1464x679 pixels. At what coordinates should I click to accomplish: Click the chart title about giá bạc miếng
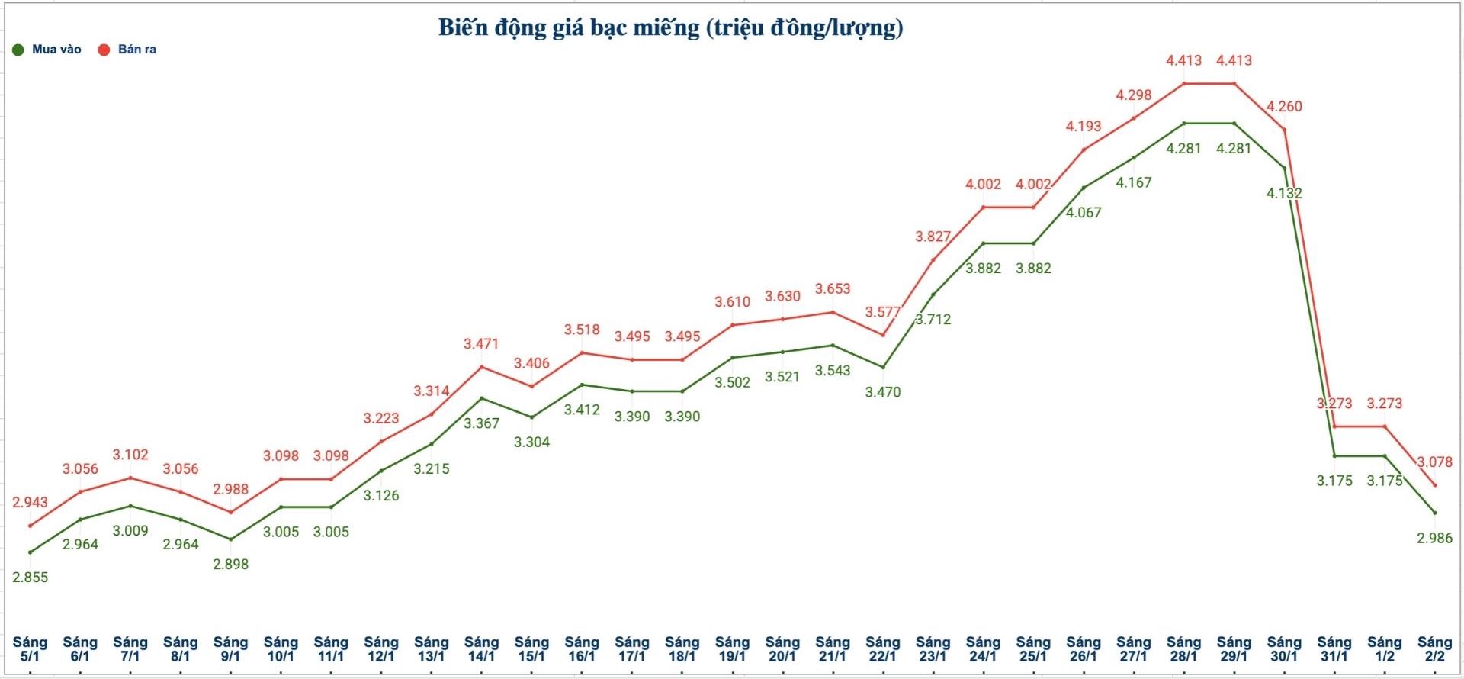click(x=670, y=27)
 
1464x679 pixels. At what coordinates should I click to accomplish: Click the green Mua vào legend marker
click(x=18, y=50)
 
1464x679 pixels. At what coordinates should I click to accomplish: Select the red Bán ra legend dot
click(x=104, y=50)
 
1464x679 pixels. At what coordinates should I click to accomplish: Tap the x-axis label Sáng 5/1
click(x=30, y=648)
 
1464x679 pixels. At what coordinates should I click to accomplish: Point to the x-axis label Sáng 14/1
click(x=481, y=648)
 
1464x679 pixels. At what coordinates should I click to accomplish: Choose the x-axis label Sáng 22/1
click(x=883, y=648)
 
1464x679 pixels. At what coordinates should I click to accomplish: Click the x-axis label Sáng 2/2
click(x=1434, y=648)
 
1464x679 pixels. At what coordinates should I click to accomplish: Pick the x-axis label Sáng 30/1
click(x=1284, y=648)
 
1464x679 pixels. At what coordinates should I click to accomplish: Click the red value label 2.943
click(x=30, y=502)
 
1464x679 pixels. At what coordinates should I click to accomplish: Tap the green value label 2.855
click(x=30, y=578)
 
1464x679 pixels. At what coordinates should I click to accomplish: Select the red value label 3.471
click(x=481, y=344)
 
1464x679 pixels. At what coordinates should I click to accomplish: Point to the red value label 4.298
click(x=1134, y=95)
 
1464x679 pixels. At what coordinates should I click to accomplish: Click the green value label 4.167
click(x=1134, y=182)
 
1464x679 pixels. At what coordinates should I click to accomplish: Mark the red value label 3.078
click(x=1434, y=462)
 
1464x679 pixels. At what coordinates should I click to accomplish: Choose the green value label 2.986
click(x=1434, y=538)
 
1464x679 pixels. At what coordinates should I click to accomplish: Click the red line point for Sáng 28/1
click(x=1184, y=83)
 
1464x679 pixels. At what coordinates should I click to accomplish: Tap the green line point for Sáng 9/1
click(x=230, y=539)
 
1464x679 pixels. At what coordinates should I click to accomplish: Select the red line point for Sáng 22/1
click(x=883, y=335)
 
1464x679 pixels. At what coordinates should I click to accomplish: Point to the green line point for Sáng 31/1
click(x=1334, y=456)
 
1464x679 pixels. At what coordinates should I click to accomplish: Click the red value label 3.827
click(x=933, y=237)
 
